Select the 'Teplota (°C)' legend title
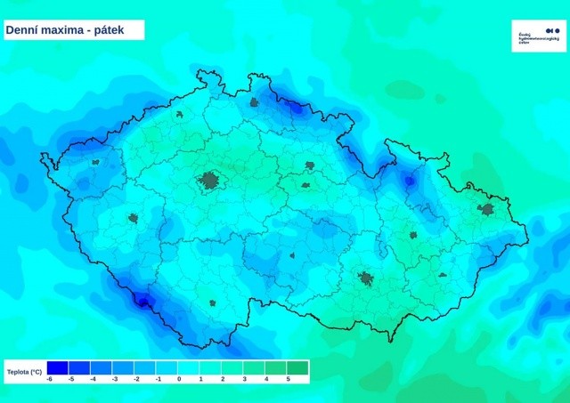25,371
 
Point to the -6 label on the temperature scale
50,379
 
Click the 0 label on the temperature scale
179,379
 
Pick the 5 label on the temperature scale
288,379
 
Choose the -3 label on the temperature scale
115,379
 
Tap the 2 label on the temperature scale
223,379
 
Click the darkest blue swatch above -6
57,367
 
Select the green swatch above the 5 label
297,367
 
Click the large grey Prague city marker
210,181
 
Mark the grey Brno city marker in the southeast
366,279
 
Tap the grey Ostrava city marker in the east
485,210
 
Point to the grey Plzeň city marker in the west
134,217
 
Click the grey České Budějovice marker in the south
213,302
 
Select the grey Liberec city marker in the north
255,102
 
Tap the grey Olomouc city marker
413,235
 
